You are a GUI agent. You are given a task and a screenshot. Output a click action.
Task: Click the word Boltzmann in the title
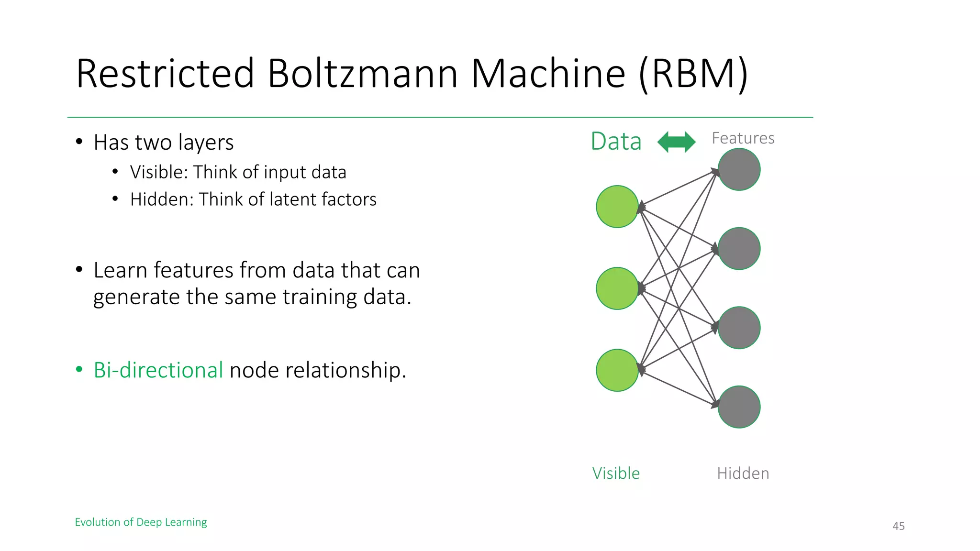(362, 74)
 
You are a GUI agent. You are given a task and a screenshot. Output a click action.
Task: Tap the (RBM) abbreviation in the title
(693, 74)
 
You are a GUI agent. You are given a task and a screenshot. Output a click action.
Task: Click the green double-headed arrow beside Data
(676, 142)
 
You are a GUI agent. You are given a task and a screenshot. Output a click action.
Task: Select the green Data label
(616, 142)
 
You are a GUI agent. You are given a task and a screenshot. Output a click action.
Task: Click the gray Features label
(743, 138)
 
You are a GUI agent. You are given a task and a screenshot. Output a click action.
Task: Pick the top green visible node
(617, 207)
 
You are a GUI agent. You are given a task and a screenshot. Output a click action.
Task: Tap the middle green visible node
(617, 288)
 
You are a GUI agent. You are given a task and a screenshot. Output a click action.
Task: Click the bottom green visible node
(617, 370)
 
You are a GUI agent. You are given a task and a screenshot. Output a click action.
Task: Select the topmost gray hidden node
(739, 169)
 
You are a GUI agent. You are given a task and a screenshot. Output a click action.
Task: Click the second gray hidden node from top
(739, 249)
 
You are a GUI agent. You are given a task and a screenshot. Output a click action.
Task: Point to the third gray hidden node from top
(739, 328)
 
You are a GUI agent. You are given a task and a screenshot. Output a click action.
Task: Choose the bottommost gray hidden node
(739, 407)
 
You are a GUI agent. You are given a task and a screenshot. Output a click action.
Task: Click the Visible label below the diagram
(616, 474)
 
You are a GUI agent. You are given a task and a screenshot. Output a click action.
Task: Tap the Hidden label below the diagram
(743, 474)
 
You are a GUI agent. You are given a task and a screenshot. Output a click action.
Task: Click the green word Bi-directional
(158, 370)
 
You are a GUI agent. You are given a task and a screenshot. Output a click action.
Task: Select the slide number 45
(898, 526)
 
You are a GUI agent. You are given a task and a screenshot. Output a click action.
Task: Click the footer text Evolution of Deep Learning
(141, 522)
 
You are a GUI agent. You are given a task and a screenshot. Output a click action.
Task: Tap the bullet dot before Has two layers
(79, 142)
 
